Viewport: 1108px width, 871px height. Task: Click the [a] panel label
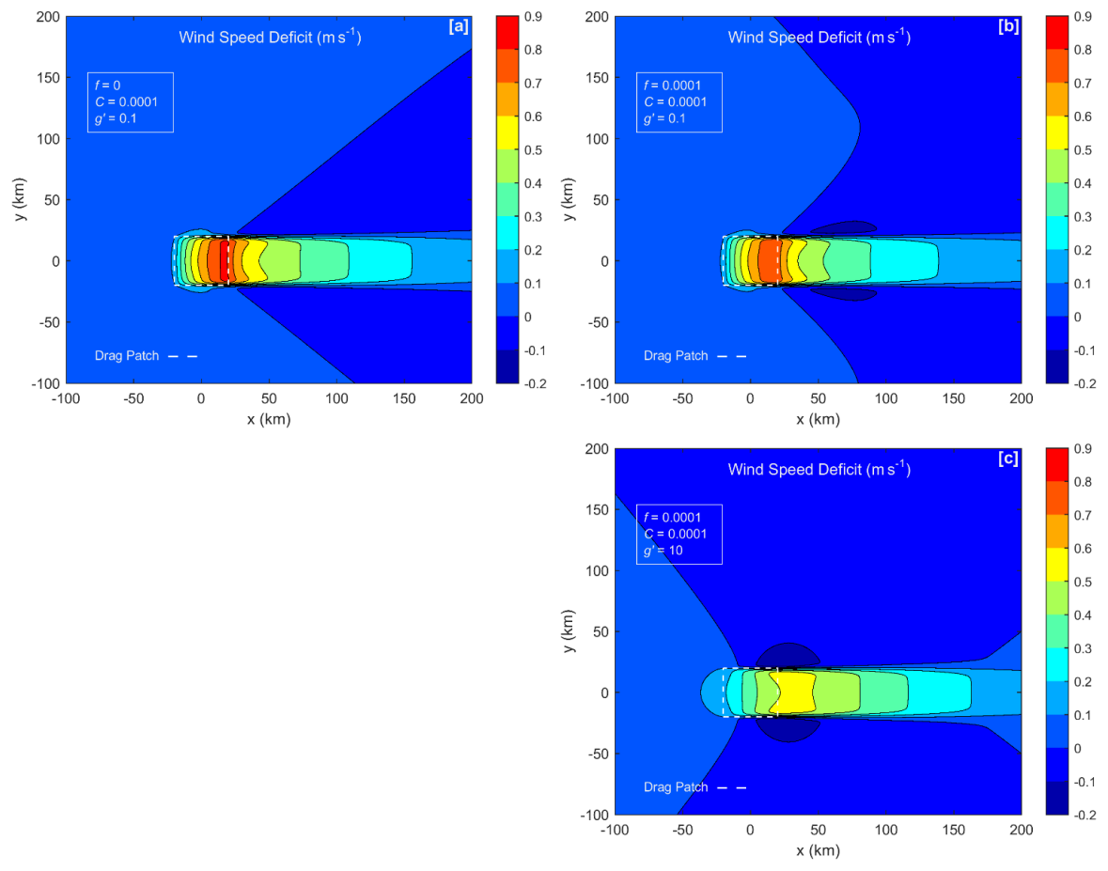pos(459,27)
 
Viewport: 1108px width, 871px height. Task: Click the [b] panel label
pos(1007,27)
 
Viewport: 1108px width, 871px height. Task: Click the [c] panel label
pos(1007,459)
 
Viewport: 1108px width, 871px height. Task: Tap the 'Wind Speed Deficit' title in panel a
pos(271,38)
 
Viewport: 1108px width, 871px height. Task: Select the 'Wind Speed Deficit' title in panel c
pos(819,469)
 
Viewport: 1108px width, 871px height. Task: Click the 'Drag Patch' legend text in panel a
pos(126,356)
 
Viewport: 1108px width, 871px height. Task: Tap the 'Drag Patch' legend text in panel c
pos(675,787)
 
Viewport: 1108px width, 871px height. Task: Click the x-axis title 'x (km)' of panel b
pos(818,419)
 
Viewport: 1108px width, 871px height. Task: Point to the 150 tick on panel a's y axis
pos(47,78)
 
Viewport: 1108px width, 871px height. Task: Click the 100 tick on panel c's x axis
pos(885,831)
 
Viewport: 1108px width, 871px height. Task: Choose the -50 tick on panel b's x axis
pos(681,398)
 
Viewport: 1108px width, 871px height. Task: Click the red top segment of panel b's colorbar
pos(1057,33)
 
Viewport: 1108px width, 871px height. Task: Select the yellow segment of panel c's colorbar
pos(1057,565)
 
